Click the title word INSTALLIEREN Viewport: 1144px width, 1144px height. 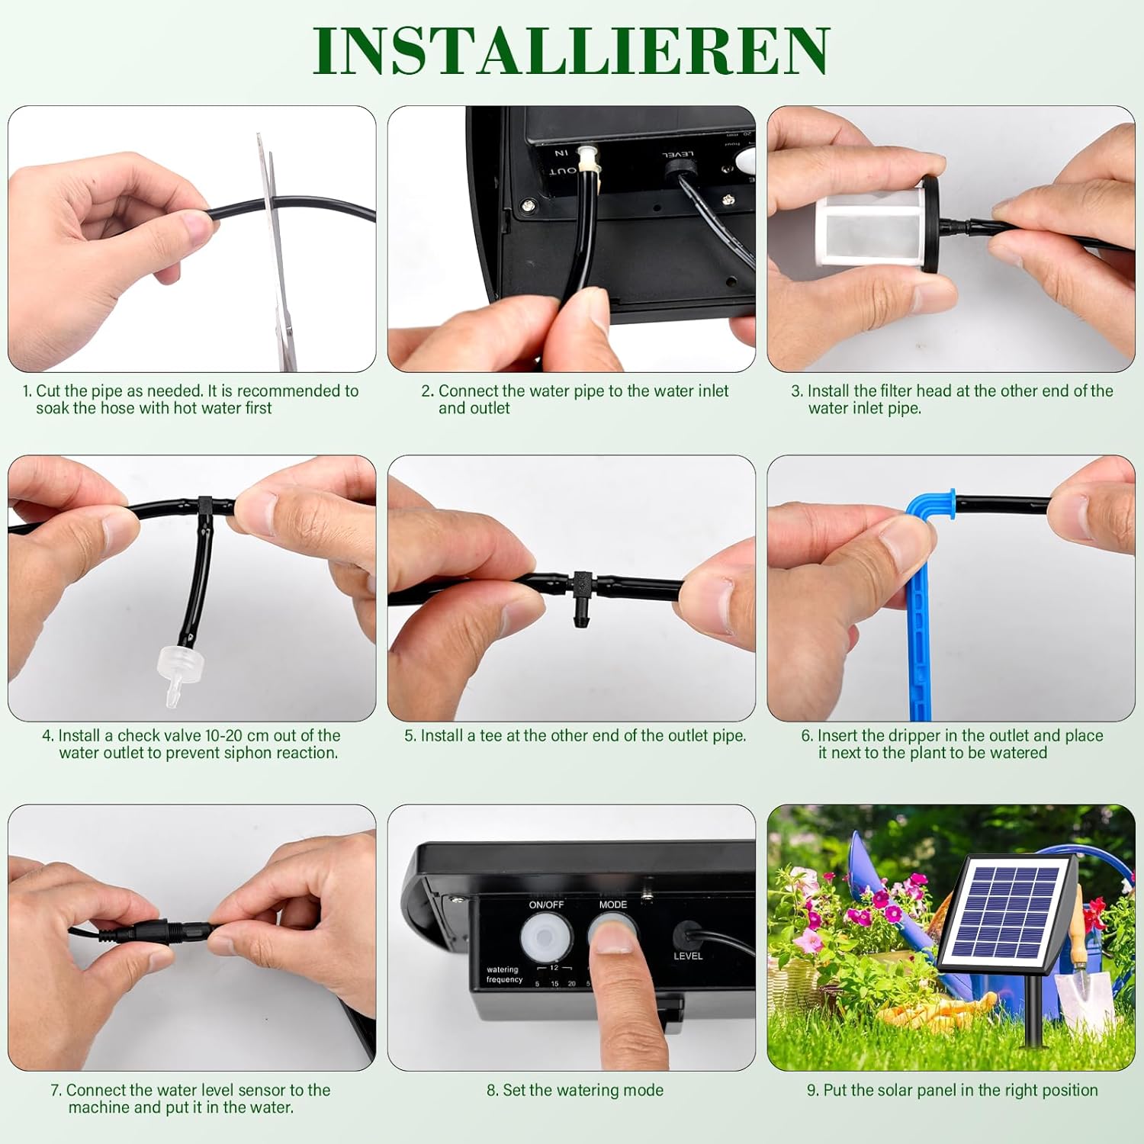pos(570,50)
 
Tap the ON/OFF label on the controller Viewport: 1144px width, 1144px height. pos(546,905)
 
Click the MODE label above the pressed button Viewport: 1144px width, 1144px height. pos(612,905)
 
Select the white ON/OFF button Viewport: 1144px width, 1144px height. pos(546,937)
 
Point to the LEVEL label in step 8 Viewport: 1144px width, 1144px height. pos(688,956)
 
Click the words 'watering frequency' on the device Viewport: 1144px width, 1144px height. pos(504,974)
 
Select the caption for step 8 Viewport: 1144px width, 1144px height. pos(575,1090)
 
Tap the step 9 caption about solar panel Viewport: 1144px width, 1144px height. pos(952,1090)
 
